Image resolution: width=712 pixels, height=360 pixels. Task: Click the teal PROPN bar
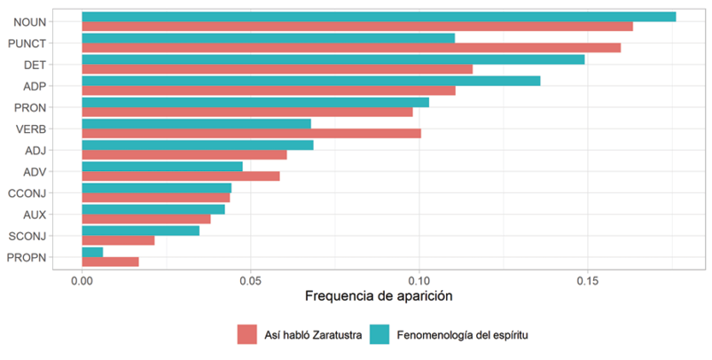point(92,252)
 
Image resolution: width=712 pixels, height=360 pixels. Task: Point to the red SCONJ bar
point(118,240)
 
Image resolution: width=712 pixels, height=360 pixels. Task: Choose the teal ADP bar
point(310,81)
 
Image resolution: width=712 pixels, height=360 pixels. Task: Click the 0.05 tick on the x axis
point(250,278)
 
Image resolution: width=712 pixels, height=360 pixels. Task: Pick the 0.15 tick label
point(587,278)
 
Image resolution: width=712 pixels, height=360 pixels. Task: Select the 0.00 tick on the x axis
point(82,278)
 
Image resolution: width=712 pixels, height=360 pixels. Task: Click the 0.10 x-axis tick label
point(419,278)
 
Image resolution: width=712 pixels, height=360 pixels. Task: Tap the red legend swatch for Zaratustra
point(246,334)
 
